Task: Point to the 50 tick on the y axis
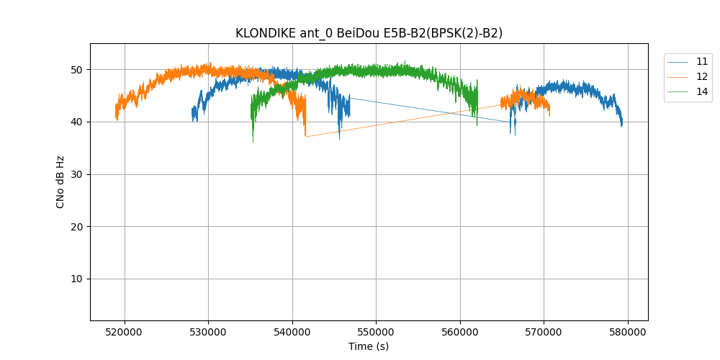[x=76, y=70]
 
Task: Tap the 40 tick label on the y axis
[x=76, y=122]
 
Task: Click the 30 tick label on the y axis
[x=76, y=174]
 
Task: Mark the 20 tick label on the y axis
[x=76, y=227]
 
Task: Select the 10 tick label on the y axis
[x=76, y=279]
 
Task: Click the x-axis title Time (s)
[x=369, y=346]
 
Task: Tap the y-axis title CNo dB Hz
[x=60, y=181]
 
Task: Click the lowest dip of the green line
[x=253, y=141]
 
